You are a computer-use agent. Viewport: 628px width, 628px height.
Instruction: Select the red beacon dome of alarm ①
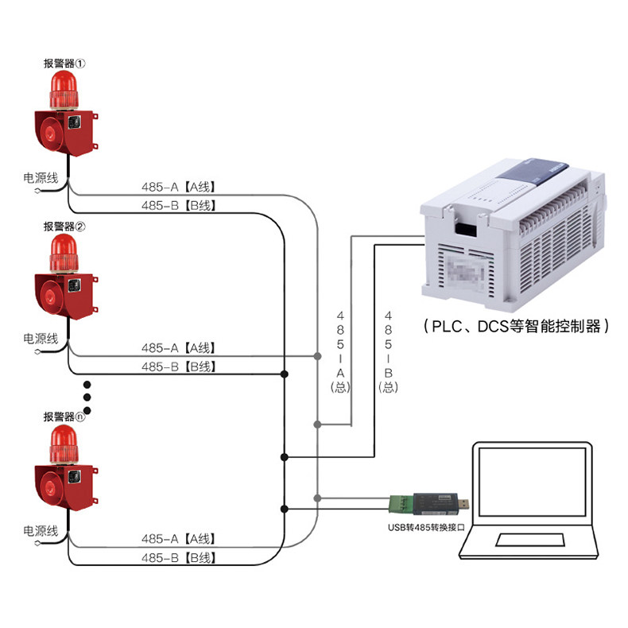(x=64, y=87)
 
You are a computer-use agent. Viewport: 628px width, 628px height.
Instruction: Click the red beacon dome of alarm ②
(x=64, y=250)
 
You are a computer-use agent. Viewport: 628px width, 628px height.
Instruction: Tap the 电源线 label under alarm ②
(x=41, y=339)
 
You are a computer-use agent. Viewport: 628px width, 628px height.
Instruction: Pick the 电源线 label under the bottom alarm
(x=41, y=531)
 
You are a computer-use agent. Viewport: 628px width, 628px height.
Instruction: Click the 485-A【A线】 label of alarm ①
(x=178, y=188)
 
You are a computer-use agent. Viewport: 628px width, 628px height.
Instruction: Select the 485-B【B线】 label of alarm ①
(x=178, y=206)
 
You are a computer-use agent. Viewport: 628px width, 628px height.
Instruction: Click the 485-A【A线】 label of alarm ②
(x=178, y=348)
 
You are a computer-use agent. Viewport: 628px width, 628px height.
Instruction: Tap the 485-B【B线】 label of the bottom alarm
(x=178, y=558)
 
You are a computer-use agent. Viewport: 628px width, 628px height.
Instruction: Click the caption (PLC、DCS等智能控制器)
(x=518, y=326)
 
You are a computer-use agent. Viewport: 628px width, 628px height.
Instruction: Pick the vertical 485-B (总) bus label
(x=389, y=350)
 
